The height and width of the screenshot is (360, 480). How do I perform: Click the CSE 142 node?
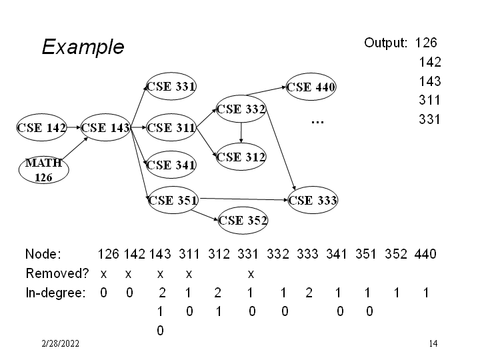click(41, 127)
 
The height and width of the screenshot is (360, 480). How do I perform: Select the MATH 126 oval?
click(44, 170)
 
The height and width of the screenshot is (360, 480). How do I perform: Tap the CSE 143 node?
click(105, 127)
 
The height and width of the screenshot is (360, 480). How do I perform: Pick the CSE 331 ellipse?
click(171, 86)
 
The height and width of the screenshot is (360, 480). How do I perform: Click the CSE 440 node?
click(311, 87)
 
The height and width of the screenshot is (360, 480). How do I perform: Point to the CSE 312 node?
click(241, 157)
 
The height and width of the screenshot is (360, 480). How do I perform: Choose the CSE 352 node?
click(243, 221)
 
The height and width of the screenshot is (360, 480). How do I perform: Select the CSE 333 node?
click(313, 200)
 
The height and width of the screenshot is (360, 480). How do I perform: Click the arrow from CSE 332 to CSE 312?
click(241, 133)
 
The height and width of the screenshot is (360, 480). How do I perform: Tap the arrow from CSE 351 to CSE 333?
click(244, 199)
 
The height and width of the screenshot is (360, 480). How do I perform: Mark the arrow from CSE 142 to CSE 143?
click(74, 127)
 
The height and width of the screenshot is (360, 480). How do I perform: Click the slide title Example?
click(83, 47)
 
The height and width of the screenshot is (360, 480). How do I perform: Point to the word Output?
click(385, 43)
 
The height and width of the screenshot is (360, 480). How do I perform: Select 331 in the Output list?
click(429, 119)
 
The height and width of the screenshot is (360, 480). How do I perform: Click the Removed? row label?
click(57, 273)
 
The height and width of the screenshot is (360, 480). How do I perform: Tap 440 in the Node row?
click(425, 254)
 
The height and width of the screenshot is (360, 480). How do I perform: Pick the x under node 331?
click(251, 274)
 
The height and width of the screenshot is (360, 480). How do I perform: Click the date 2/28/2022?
click(60, 343)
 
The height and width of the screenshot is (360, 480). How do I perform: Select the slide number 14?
click(433, 343)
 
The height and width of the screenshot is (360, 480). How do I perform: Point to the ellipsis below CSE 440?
click(317, 122)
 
